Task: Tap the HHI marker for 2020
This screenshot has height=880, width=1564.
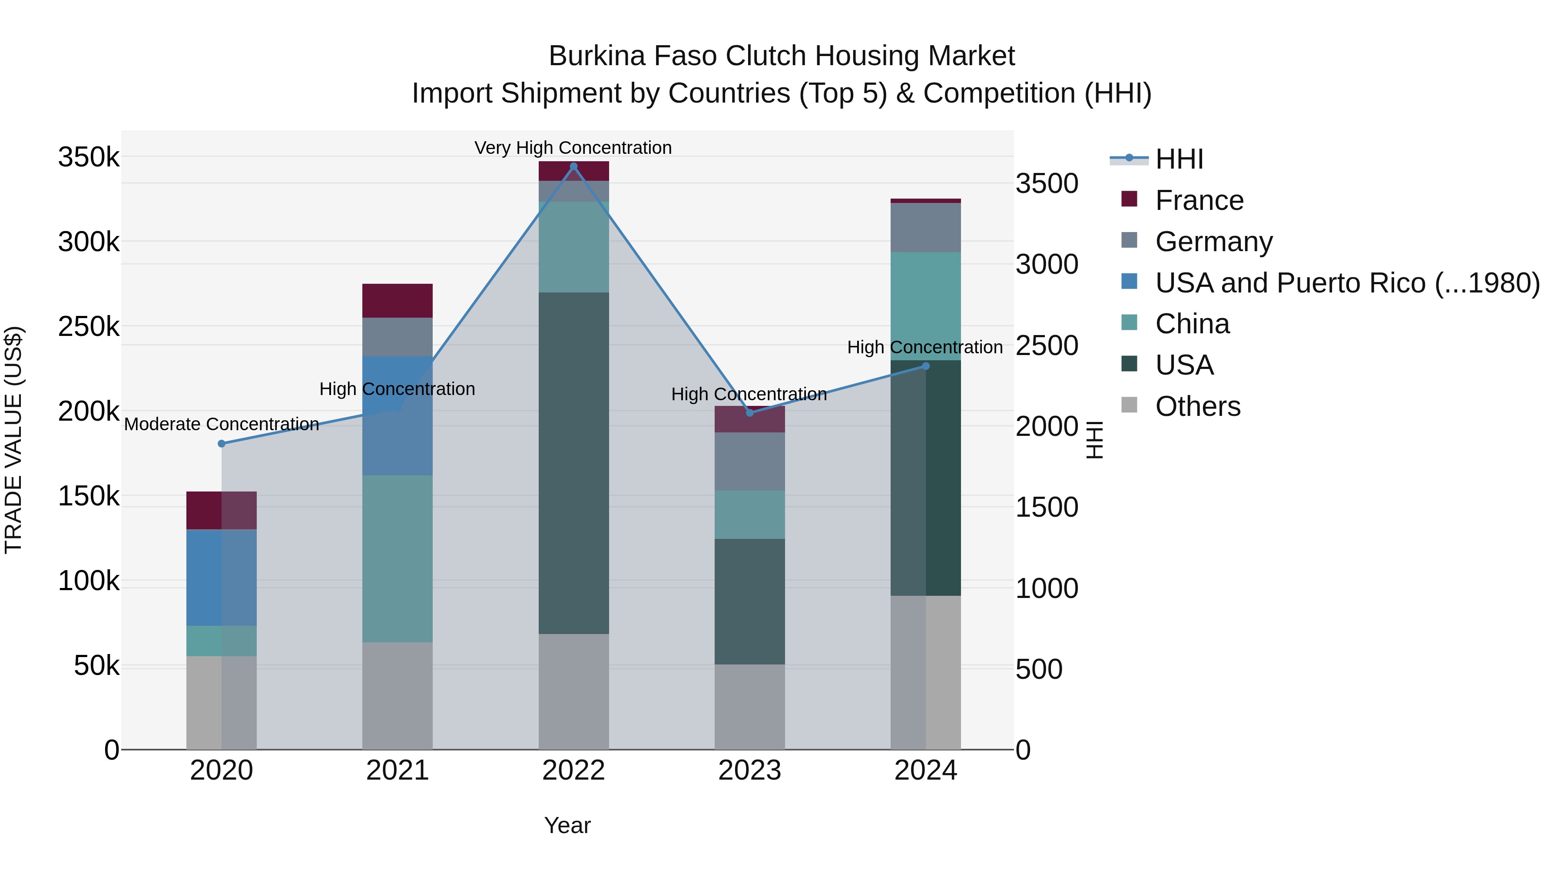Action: click(222, 444)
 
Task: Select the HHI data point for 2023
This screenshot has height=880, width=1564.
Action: click(749, 413)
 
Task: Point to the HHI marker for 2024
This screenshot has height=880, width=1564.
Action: click(925, 366)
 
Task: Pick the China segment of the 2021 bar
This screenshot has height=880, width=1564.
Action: click(397, 559)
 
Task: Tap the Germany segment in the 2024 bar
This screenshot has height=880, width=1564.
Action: click(925, 228)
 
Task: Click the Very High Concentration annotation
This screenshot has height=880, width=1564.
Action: click(573, 148)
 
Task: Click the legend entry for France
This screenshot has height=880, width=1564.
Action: click(1199, 200)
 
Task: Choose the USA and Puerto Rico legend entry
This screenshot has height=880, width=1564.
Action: click(1347, 283)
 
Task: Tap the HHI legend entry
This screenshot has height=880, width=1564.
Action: click(1179, 159)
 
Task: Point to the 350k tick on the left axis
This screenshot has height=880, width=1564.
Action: click(89, 157)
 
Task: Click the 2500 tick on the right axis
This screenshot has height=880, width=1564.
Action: click(1047, 345)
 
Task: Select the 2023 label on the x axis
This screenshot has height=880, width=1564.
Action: click(749, 770)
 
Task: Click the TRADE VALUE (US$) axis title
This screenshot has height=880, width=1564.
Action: click(14, 440)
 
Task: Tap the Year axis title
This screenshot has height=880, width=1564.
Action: click(567, 825)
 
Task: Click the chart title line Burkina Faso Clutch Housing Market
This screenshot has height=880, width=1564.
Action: click(782, 56)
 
